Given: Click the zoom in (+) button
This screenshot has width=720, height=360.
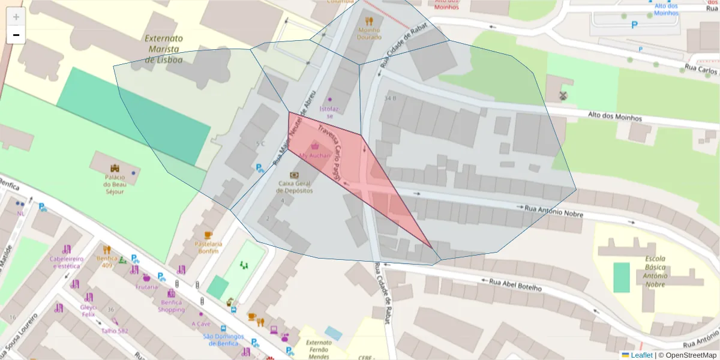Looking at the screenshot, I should click(x=16, y=17).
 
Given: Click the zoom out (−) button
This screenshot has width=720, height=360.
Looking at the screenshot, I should click(x=16, y=35).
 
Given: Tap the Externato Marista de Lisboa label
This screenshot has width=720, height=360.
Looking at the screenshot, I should click(x=163, y=49).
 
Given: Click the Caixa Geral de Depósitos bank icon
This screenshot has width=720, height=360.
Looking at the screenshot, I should click(x=294, y=175).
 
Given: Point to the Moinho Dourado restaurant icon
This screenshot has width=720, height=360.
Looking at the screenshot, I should click(x=369, y=21).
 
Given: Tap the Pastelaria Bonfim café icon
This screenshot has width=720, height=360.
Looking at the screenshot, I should click(x=208, y=235).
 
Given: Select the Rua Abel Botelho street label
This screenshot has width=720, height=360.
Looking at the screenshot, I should click(x=515, y=284).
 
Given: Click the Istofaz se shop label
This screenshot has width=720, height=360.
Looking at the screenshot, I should click(x=329, y=112).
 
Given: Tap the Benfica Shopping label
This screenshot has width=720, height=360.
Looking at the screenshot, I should click(x=172, y=306).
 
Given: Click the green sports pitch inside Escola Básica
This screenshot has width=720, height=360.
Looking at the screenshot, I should click(x=621, y=277).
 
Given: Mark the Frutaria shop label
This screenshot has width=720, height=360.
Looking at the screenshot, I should click(x=146, y=287).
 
